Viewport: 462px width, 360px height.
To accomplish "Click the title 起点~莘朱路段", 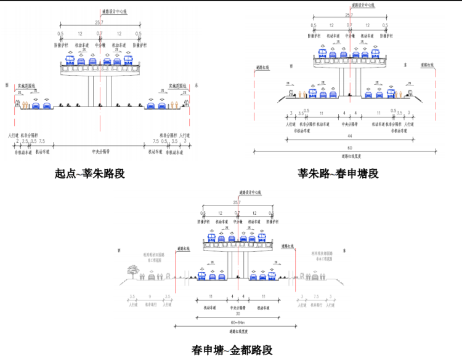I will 90,174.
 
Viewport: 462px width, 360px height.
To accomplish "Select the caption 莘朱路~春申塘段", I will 338,174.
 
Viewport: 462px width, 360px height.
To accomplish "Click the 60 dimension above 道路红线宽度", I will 349,148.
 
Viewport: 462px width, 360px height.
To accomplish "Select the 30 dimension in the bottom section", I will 237,312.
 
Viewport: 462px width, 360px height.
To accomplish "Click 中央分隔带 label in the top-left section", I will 100,151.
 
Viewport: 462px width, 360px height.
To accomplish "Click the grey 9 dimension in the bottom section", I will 150,297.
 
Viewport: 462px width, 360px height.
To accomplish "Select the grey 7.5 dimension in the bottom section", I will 316,297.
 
